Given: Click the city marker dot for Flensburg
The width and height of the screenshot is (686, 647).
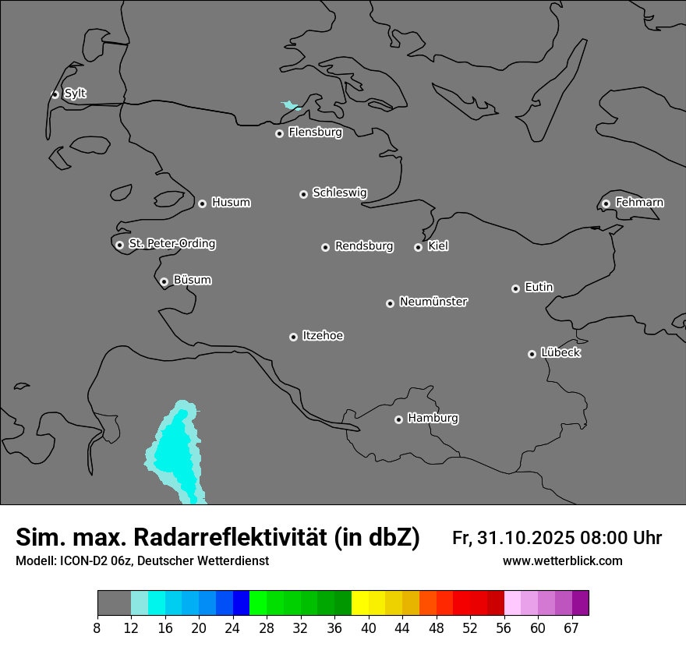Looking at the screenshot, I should point(279,133).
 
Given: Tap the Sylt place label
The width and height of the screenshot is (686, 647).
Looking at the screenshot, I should point(75,94).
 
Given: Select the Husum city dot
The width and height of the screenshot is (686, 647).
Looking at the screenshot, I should point(202,203).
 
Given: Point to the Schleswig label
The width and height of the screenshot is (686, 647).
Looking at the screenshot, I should point(339,193).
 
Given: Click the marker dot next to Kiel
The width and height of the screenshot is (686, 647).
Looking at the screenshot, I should point(418,247).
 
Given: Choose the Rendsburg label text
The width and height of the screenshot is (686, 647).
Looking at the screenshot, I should point(364,246).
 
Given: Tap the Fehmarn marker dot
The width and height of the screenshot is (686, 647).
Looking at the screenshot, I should point(606,203).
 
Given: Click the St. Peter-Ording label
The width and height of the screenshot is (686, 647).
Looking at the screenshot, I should point(171,244).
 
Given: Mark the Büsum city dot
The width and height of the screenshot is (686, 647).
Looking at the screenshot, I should point(164,281).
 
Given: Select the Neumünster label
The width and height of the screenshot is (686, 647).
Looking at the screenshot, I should point(433,302).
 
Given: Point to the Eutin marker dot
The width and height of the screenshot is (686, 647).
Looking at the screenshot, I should point(515,288).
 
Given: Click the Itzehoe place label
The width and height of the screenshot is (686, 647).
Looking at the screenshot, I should point(323,336).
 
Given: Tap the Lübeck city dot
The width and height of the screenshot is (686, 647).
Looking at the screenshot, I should point(532,354).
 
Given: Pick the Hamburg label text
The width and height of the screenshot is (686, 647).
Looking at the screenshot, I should point(433,419).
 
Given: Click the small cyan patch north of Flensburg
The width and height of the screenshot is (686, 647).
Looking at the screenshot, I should point(291,105).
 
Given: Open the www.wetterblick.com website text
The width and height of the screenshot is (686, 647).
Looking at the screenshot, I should point(563,561).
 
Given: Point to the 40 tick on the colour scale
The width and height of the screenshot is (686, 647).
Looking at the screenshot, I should point(369,628).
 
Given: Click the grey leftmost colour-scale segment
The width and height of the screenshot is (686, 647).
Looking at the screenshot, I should point(114,603).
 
